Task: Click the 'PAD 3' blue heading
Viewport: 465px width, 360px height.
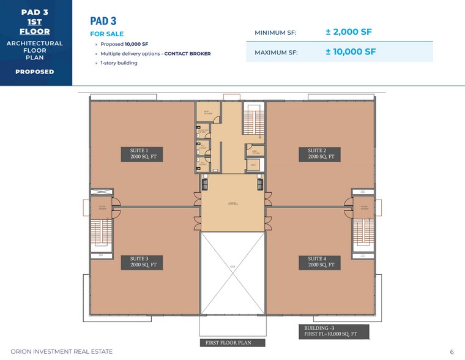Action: tap(103, 21)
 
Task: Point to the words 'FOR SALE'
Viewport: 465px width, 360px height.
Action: tap(106, 34)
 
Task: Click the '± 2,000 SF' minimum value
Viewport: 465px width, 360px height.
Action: tap(349, 32)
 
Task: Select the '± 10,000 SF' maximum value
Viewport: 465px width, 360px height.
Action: tap(351, 52)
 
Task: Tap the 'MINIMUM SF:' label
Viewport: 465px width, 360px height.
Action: tap(275, 32)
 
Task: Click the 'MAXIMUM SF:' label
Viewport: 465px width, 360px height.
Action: tap(276, 53)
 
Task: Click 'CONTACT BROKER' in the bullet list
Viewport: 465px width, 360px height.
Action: tap(187, 54)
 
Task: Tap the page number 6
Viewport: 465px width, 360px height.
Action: tap(452, 352)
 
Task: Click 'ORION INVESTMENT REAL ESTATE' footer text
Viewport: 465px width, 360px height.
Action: tap(57, 352)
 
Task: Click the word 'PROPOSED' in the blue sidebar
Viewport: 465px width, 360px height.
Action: tap(35, 72)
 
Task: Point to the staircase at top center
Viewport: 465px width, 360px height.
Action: tap(252, 119)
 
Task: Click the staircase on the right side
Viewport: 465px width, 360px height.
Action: tap(363, 231)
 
